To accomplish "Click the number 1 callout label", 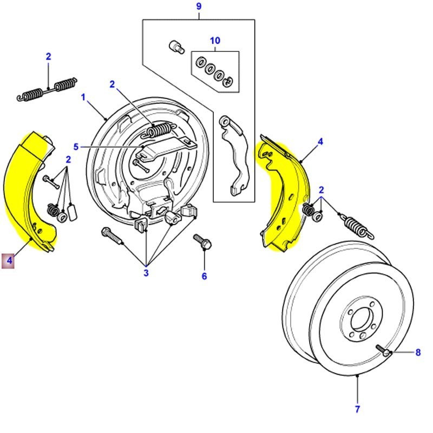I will (x=84, y=97).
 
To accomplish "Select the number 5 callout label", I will (x=76, y=147).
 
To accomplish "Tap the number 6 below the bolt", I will (x=204, y=276).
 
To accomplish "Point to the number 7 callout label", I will (x=358, y=409).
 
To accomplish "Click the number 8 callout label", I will (x=418, y=353).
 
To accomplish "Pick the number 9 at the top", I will (x=198, y=6).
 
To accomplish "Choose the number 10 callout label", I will (x=215, y=41).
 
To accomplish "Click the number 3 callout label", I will (x=146, y=273).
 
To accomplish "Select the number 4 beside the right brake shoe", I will (x=320, y=142).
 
